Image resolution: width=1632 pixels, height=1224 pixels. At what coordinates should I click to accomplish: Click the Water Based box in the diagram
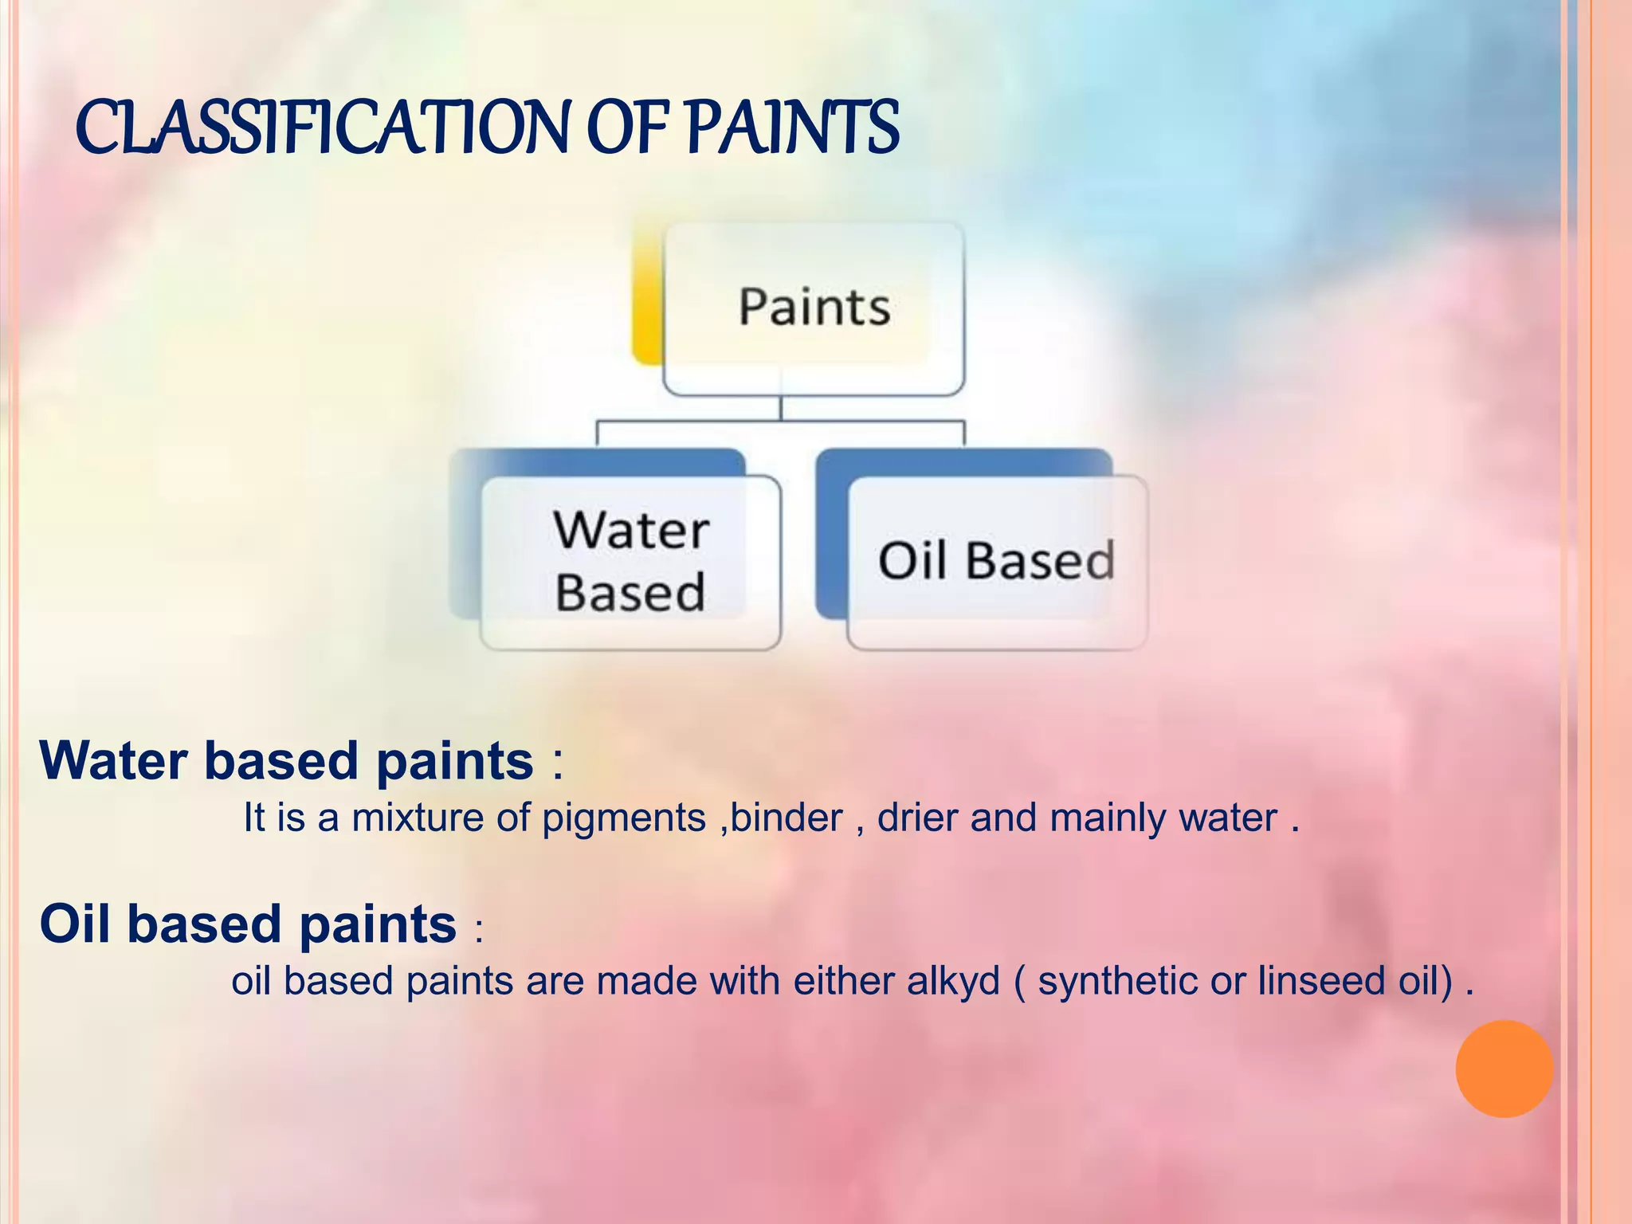630,562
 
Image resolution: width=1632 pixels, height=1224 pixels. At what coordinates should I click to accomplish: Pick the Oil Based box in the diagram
996,562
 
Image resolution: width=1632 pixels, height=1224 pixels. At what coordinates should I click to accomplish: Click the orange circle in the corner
1504,1069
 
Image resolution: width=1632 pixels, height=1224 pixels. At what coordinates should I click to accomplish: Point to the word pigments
624,818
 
